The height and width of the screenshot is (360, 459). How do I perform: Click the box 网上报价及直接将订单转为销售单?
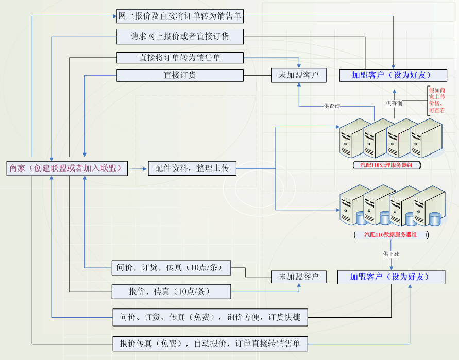180,16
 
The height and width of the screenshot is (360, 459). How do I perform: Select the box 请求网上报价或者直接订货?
180,37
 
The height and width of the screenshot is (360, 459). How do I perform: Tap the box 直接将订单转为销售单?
180,57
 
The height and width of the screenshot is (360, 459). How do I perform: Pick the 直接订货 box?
180,75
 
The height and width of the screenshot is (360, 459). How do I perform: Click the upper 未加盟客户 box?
299,75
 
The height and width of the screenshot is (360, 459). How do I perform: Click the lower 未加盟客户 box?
299,277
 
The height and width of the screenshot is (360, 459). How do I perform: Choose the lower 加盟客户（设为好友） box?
391,277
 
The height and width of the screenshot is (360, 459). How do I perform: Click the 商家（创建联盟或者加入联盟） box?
67,168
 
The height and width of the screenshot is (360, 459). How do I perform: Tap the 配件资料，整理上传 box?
192,168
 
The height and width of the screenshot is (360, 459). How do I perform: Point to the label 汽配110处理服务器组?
386,165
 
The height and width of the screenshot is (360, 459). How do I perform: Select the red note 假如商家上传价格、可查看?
437,100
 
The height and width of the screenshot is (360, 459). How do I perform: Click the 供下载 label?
391,254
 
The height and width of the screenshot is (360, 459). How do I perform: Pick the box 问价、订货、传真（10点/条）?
171,267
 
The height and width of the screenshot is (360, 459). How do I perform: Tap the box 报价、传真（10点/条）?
171,292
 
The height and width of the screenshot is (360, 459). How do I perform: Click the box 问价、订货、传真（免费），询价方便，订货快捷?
210,317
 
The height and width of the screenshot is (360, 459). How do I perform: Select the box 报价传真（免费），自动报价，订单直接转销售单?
210,344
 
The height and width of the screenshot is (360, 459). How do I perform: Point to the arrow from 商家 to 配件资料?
137,168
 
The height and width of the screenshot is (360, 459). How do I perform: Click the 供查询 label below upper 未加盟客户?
332,107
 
